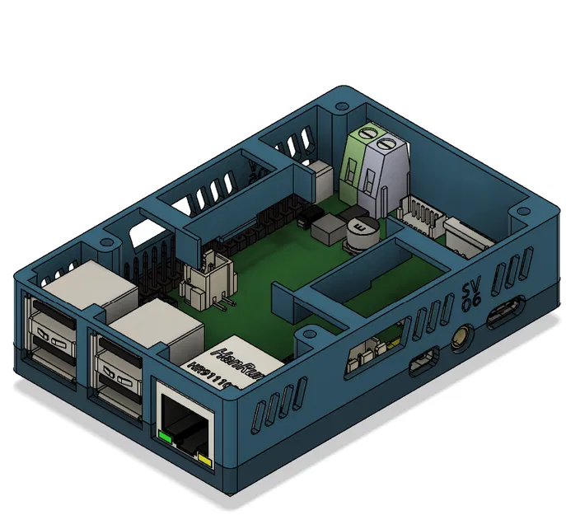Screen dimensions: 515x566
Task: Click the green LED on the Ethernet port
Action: tap(166, 436)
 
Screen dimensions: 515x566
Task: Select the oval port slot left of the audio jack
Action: tap(424, 361)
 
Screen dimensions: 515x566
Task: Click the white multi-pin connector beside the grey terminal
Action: tap(422, 216)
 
